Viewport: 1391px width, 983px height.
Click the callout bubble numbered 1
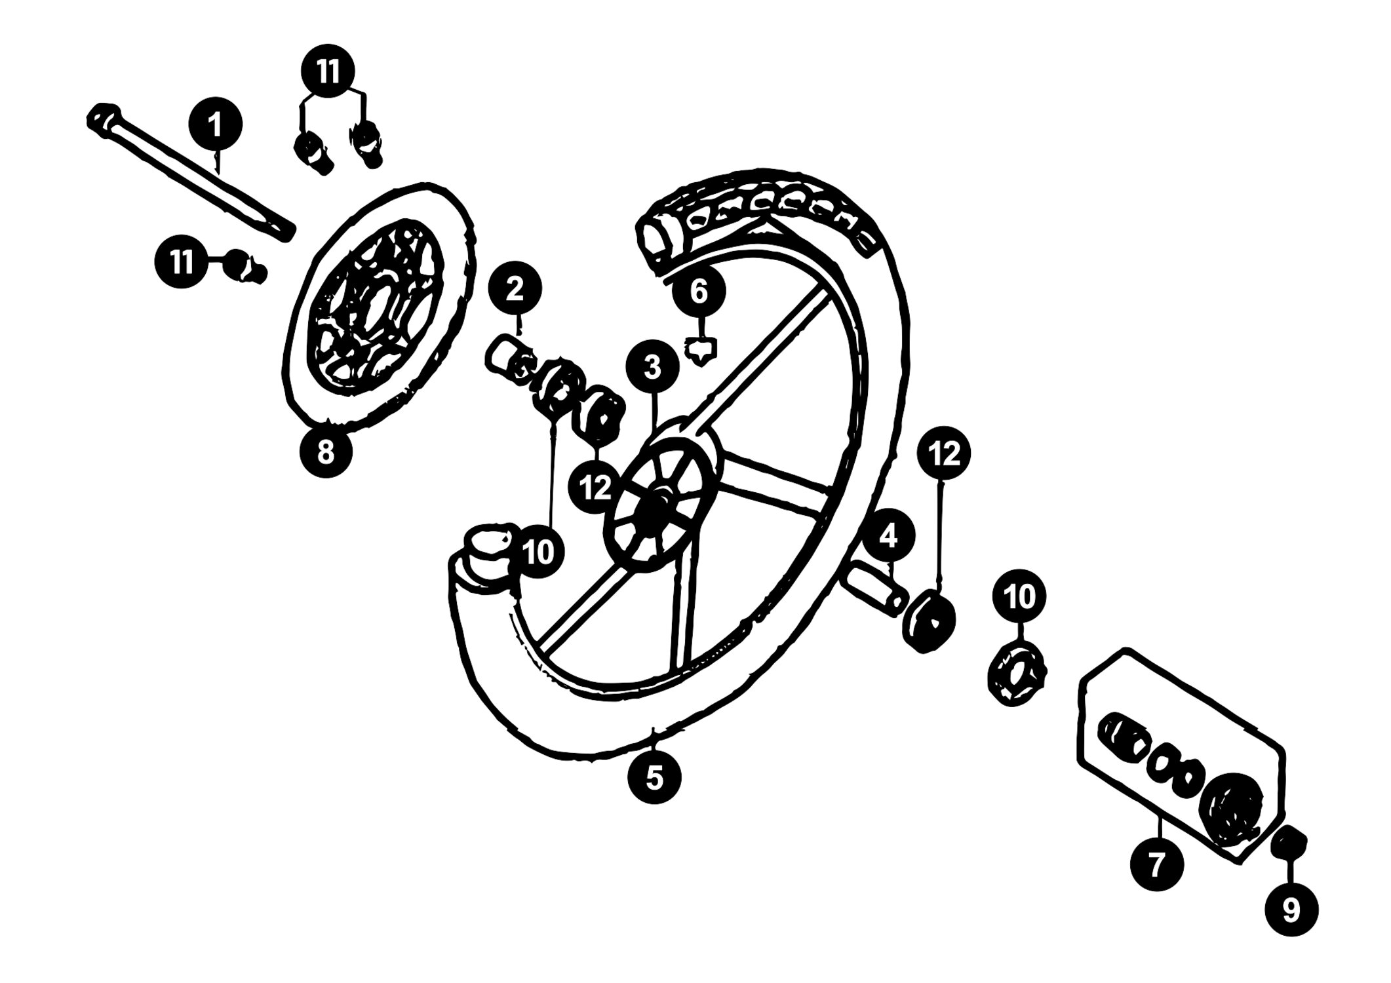tap(216, 125)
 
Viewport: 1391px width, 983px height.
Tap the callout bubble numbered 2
tap(515, 289)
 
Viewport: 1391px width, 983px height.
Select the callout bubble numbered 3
tap(652, 368)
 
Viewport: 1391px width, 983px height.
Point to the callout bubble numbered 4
tap(888, 537)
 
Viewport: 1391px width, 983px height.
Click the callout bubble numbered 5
tap(654, 777)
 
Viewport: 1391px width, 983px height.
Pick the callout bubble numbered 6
tap(699, 292)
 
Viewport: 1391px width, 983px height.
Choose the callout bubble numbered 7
tap(1157, 864)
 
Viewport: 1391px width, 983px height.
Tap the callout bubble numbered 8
tap(326, 451)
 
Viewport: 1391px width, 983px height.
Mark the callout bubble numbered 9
tap(1291, 909)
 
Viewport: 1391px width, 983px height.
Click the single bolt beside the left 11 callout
tap(246, 267)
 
